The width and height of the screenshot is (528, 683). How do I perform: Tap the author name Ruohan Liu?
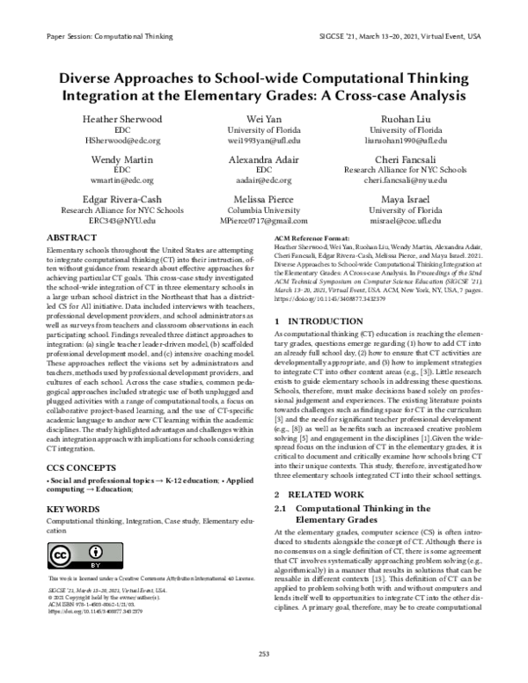pos(412,119)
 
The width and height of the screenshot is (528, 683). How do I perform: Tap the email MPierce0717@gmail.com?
pos(264,221)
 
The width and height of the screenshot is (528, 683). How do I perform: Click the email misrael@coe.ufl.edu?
pos(412,221)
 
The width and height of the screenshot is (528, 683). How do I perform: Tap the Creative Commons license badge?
pos(72,557)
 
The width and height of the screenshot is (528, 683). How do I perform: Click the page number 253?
pos(264,652)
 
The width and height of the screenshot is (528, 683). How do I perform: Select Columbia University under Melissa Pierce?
pos(264,210)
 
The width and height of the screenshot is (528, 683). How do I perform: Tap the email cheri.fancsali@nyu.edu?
pos(412,180)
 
